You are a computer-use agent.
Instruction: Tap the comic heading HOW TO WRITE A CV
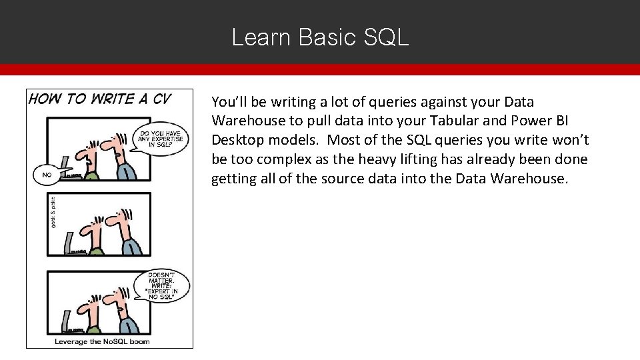(x=100, y=99)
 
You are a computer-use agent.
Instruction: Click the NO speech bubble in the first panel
(x=47, y=175)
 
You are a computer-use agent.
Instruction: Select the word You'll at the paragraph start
(x=229, y=102)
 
